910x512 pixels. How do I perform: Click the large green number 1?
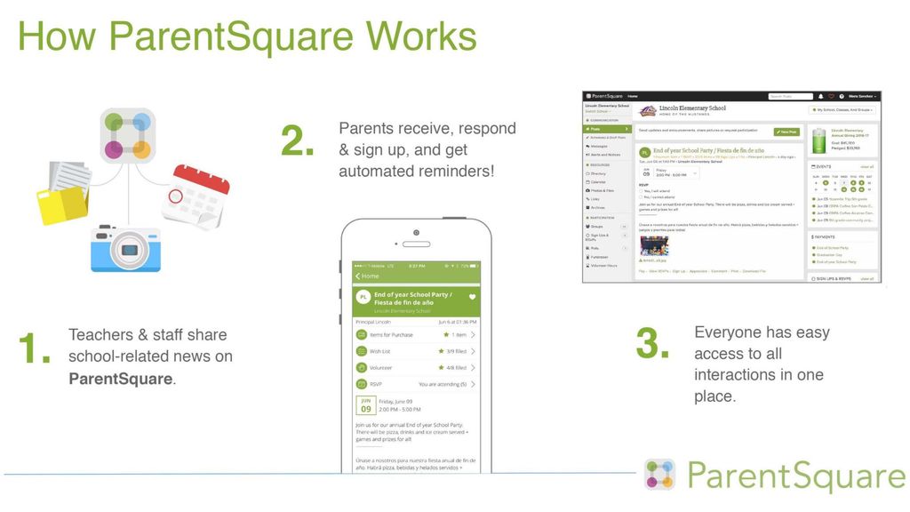coord(35,349)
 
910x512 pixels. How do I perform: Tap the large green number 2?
coord(298,140)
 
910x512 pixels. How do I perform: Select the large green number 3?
coord(653,344)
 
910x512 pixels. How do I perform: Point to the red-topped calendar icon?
coord(196,196)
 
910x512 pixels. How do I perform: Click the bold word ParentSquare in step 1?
coord(121,379)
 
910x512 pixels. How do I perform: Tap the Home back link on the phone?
coord(366,276)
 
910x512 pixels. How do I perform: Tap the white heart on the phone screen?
coord(473,296)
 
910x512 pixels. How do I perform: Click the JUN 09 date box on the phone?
coord(366,405)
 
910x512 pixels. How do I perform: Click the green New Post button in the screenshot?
coord(786,132)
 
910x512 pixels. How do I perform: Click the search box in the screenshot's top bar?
coord(791,96)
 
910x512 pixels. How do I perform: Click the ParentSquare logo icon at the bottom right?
coord(659,476)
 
